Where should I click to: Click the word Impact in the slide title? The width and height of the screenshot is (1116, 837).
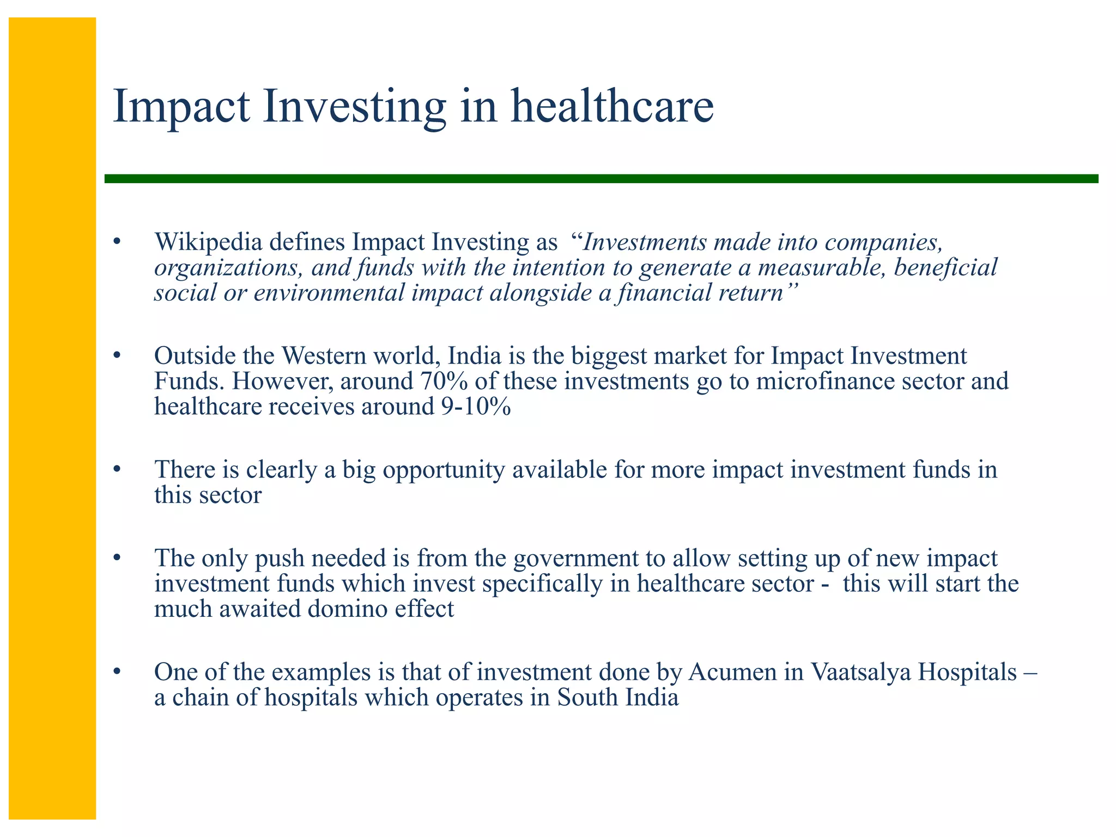point(181,106)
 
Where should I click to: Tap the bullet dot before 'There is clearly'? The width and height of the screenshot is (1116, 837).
point(116,470)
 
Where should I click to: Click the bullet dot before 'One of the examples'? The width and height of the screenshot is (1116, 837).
point(116,672)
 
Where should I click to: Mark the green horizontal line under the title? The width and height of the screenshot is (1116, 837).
point(599,179)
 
